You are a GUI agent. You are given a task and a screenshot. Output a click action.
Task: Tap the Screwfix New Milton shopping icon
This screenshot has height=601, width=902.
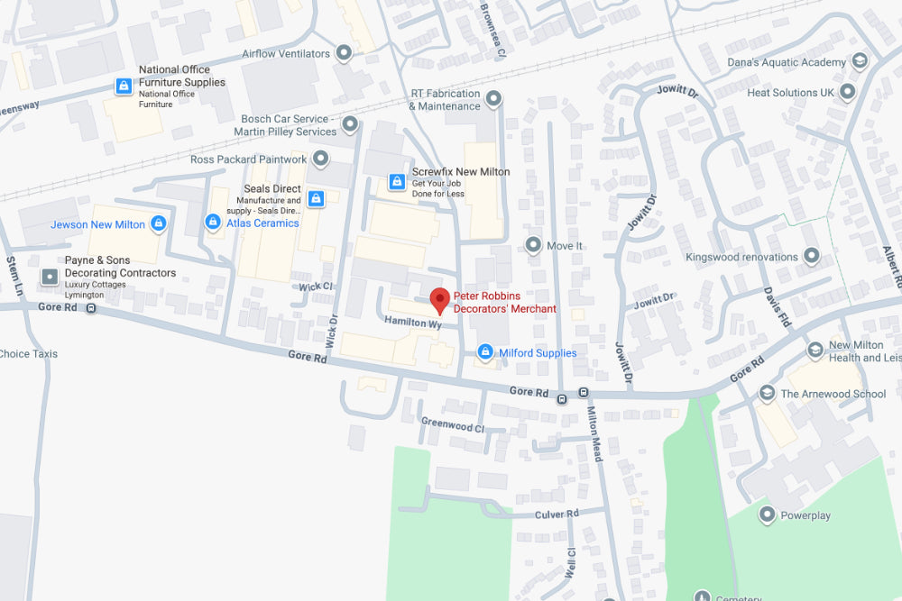[396, 182]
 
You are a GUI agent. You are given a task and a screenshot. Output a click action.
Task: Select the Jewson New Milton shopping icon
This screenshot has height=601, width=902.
[159, 223]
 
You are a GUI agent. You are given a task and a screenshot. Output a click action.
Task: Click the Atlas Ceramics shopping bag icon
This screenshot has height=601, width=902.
[214, 222]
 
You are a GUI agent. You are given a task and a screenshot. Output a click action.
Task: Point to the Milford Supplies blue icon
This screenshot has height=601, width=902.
[485, 352]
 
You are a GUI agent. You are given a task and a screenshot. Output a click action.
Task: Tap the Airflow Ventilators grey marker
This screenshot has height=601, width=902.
[344, 54]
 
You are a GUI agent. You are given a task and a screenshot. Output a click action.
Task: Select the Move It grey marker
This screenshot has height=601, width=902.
[533, 245]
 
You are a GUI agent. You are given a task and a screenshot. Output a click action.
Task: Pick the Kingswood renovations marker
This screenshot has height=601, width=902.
[812, 257]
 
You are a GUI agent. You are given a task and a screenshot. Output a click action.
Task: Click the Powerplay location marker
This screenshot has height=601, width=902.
[767, 515]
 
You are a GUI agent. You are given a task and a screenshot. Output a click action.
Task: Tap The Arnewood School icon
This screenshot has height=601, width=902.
[767, 393]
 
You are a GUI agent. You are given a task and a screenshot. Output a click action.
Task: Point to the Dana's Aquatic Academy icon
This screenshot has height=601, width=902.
[861, 62]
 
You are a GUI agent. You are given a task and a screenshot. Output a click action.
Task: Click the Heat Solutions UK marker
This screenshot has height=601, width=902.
[848, 93]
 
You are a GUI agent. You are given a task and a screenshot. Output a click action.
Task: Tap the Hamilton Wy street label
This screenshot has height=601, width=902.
[411, 322]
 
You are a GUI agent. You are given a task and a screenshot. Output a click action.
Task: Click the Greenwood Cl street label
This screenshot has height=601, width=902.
[452, 424]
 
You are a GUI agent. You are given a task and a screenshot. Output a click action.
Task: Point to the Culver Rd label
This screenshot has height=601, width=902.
[557, 514]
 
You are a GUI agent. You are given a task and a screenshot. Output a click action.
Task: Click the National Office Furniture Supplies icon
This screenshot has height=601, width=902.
[124, 87]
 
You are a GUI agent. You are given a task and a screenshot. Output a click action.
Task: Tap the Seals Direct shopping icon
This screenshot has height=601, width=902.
[316, 198]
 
